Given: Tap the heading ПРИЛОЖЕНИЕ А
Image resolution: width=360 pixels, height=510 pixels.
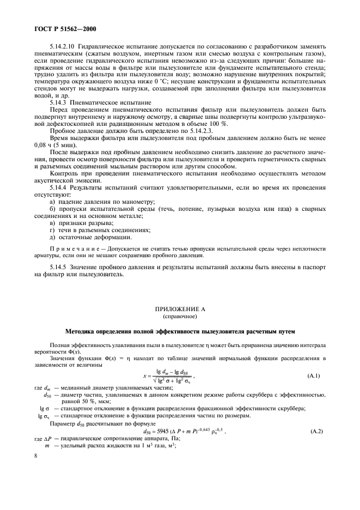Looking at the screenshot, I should click(x=180, y=309).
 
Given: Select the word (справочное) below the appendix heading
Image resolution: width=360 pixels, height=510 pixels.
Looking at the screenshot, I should click(x=180, y=316).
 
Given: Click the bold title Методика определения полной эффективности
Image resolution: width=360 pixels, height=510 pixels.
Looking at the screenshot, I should click(x=180, y=330).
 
